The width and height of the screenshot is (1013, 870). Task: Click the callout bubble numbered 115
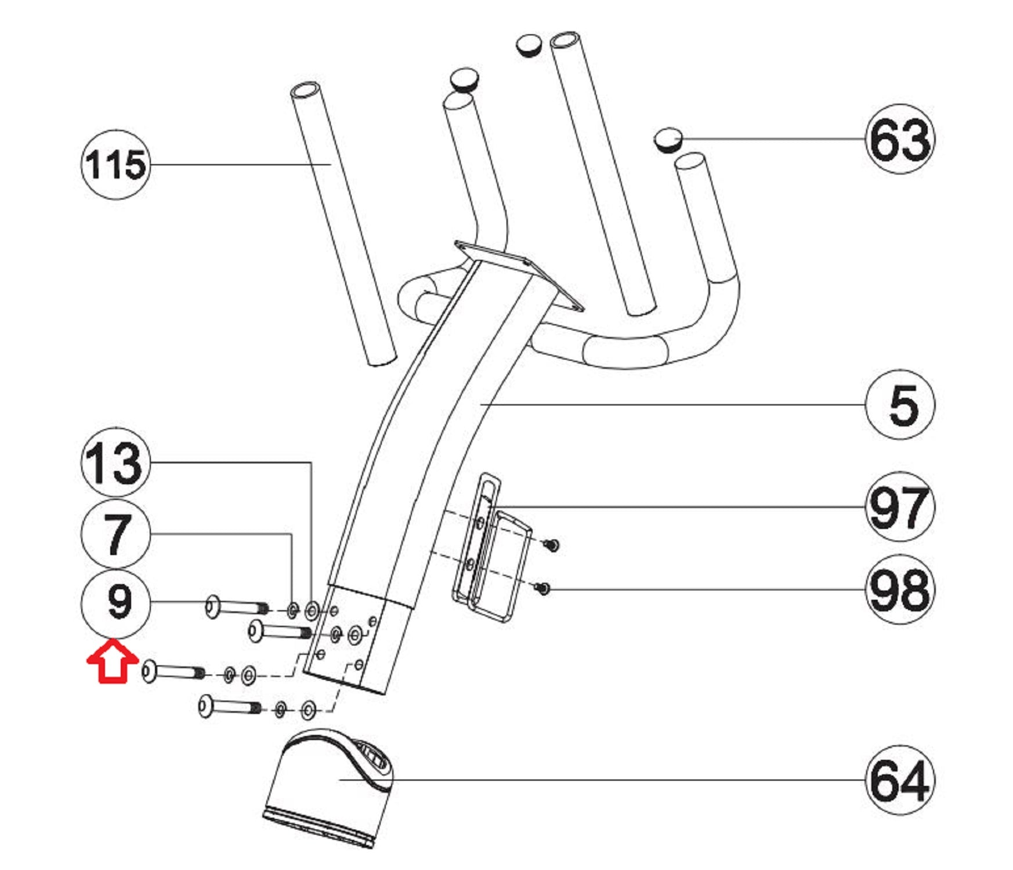(x=115, y=165)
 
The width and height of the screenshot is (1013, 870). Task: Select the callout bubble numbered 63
(x=900, y=139)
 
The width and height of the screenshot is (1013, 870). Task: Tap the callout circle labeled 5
(x=900, y=404)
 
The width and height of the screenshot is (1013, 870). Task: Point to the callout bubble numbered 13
(x=115, y=462)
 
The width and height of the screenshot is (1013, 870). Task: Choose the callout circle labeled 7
(x=115, y=533)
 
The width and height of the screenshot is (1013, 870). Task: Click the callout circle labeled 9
(x=115, y=603)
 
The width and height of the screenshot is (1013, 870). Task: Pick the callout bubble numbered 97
(x=900, y=506)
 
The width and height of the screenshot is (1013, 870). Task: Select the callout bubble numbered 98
(x=900, y=589)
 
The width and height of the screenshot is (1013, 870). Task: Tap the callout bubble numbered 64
(x=900, y=780)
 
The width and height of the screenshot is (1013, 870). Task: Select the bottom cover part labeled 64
(x=328, y=788)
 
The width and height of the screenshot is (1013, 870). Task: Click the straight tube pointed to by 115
(x=342, y=224)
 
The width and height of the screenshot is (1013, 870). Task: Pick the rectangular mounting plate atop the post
(x=518, y=275)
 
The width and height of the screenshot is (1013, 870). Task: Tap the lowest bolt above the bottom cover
(x=230, y=706)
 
